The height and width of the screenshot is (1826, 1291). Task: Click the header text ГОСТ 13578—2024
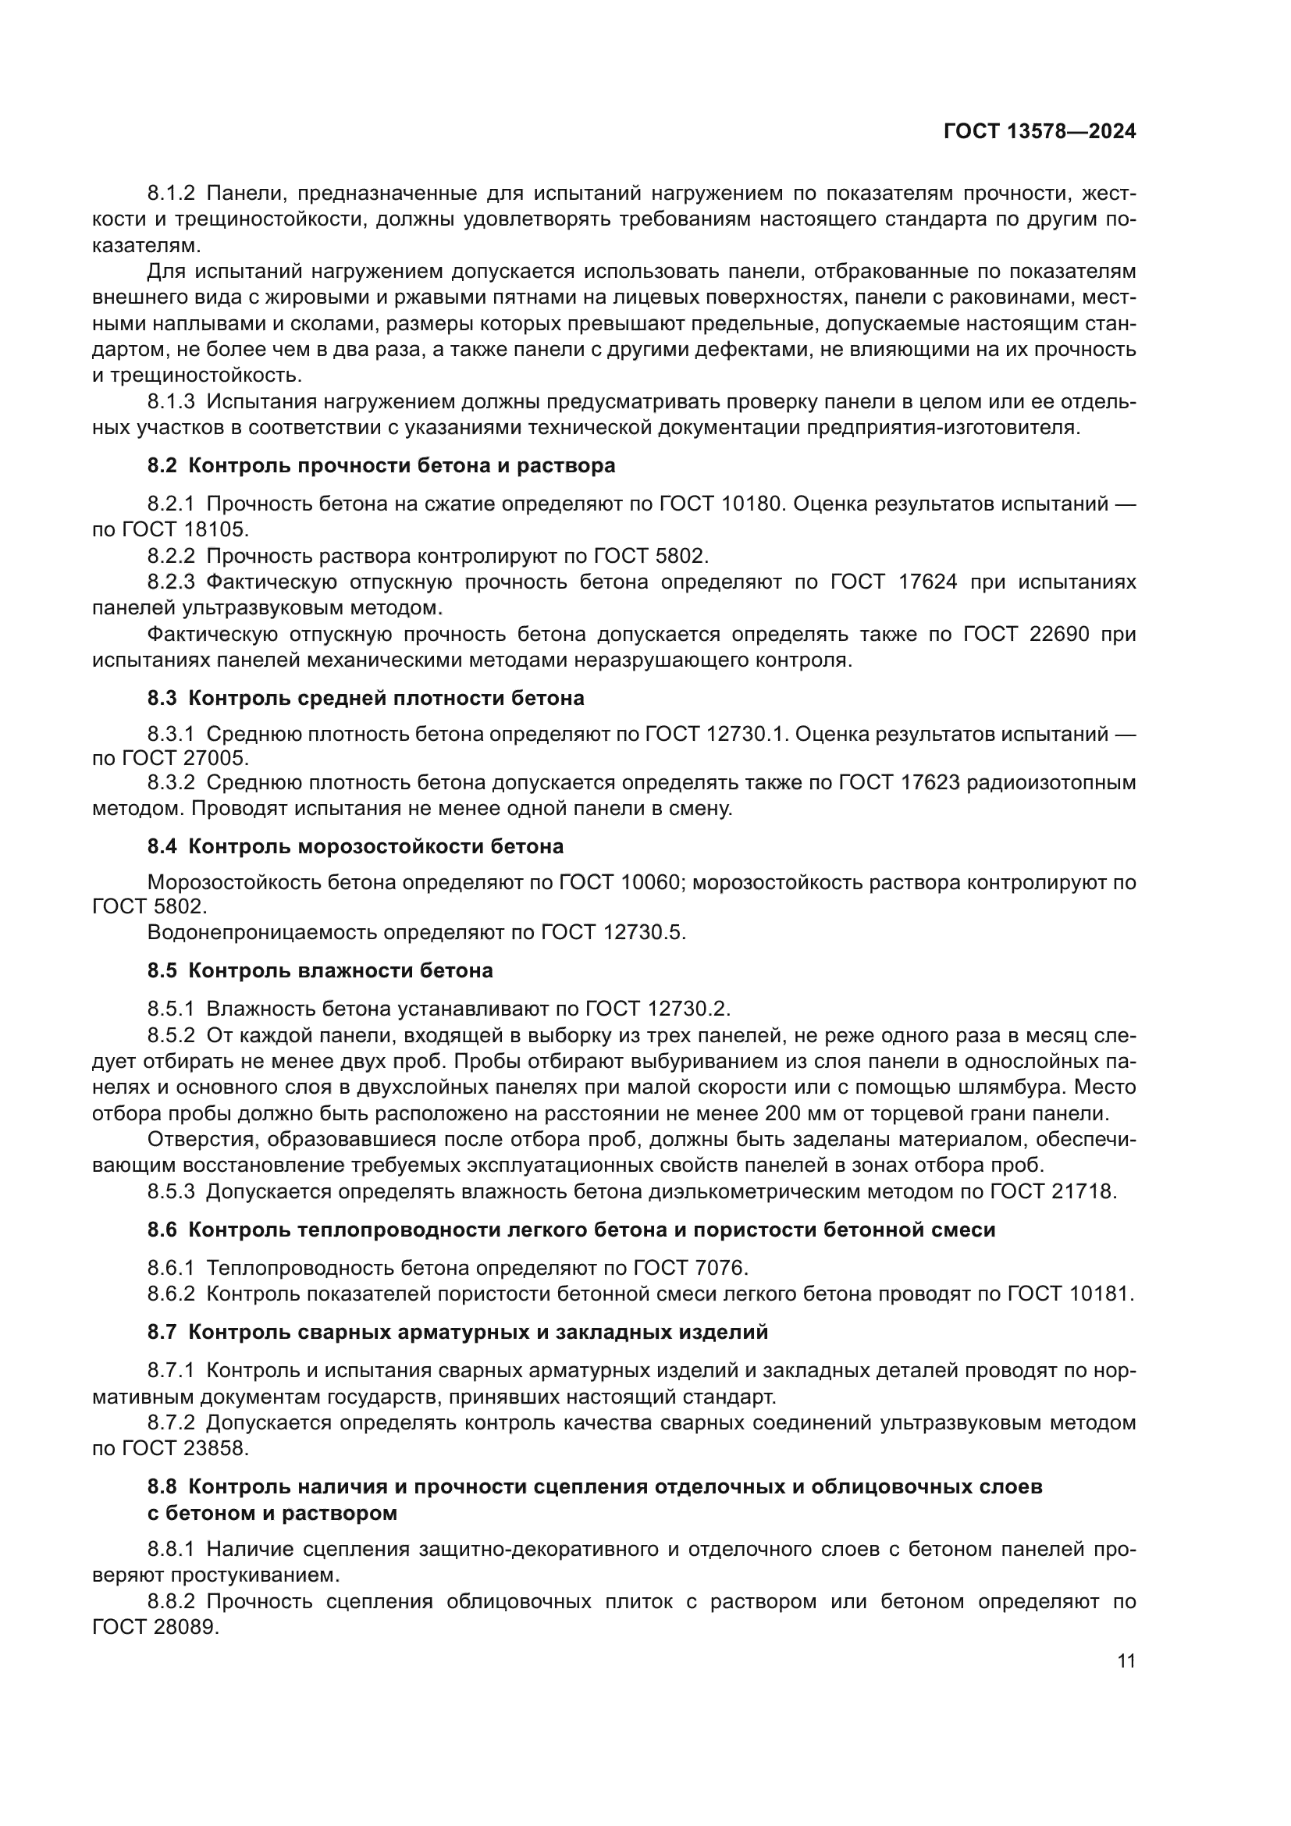pyautogui.click(x=1039, y=132)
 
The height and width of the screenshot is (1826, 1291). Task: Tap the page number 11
pyautogui.click(x=1126, y=1660)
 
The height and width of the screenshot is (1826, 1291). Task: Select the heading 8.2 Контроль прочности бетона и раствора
pyautogui.click(x=382, y=465)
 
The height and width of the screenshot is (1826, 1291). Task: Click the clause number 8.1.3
pyautogui.click(x=171, y=401)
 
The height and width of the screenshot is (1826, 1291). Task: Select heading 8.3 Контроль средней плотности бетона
pyautogui.click(x=365, y=698)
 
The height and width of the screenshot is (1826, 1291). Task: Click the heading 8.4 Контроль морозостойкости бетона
pyautogui.click(x=355, y=846)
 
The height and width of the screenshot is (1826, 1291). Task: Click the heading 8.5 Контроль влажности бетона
pyautogui.click(x=320, y=970)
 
